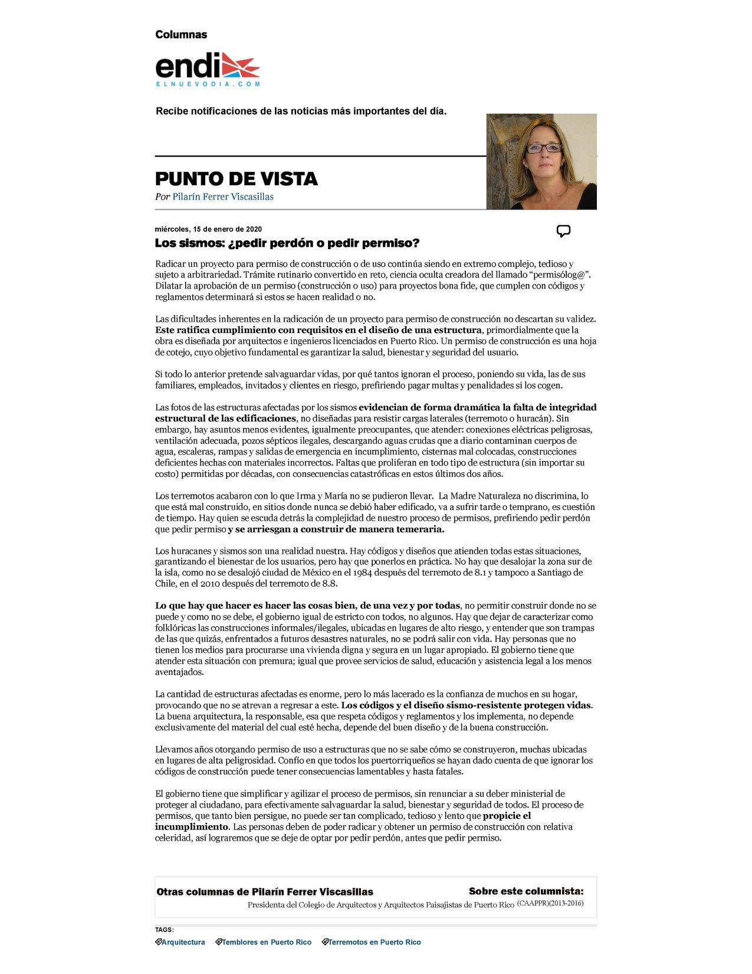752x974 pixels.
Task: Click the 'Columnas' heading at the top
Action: point(181,34)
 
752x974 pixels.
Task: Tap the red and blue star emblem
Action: point(240,65)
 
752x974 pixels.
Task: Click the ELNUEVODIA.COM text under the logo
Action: point(208,84)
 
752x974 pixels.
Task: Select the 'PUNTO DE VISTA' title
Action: point(236,178)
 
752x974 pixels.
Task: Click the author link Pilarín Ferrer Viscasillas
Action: point(223,197)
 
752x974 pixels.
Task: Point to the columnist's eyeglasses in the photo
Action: point(543,148)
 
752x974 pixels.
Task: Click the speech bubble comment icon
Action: point(563,231)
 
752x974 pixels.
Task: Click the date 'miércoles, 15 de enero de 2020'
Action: point(208,229)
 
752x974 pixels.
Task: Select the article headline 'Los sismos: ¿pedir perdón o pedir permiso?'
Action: point(287,243)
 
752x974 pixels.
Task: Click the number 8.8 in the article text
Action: point(329,583)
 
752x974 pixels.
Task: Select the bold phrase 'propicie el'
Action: point(507,816)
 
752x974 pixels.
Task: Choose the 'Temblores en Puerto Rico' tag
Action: point(266,942)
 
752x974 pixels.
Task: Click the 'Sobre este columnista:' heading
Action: point(526,891)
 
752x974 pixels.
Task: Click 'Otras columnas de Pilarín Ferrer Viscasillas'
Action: point(265,891)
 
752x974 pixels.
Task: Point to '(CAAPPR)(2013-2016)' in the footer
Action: point(550,903)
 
